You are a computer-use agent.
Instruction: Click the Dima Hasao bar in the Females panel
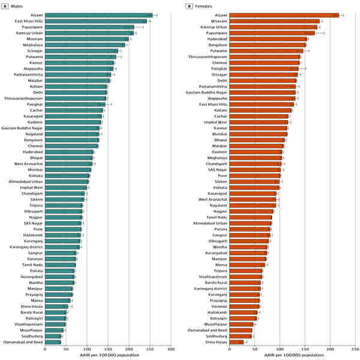238,342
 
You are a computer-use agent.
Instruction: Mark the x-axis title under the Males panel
107,355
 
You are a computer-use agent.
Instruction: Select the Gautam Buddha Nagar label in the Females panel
211,92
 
